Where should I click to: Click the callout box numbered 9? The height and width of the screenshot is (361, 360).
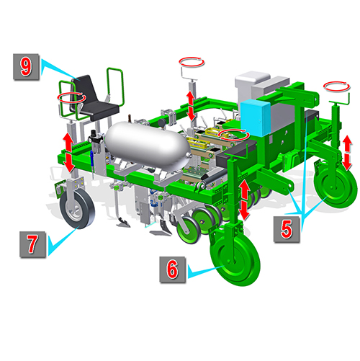26,67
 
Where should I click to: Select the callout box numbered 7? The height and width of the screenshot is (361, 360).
32,244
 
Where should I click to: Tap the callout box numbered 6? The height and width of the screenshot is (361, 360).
173,269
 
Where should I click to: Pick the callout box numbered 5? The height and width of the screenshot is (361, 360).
287,229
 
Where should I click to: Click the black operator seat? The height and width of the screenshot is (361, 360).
94,99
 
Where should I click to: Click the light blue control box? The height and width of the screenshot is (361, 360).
255,117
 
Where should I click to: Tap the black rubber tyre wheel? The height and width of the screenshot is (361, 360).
77,208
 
